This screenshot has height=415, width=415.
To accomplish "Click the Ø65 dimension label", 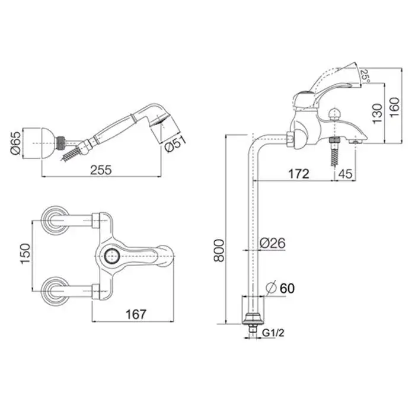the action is point(16,143).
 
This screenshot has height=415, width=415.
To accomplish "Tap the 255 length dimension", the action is point(101,170).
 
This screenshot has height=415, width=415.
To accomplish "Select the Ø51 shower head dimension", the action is point(175,144).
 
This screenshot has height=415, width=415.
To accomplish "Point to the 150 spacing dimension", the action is point(25,254).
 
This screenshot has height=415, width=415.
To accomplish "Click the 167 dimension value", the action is point(136,314).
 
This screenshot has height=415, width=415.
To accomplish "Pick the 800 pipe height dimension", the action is point(219,250).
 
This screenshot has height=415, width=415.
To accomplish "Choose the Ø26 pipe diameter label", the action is point(272,242).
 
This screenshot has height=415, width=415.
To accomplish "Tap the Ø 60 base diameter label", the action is point(280,288).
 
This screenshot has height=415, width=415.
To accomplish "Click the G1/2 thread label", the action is point(273,333).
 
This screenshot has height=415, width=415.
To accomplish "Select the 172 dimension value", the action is point(299,174).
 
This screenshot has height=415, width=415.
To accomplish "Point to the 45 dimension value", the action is point(346,174).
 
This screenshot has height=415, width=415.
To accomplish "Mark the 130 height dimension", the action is point(378,113).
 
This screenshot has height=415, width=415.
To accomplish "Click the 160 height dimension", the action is point(394,107).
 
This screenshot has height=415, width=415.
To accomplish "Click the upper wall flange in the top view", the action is point(56,220).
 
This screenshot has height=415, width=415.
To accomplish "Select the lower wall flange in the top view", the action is point(56,291).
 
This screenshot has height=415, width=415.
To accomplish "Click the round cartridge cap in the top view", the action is point(112,256).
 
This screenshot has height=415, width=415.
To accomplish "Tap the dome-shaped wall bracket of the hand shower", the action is point(49,143).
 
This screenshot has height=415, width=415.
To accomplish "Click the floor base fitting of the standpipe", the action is point(253,318).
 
